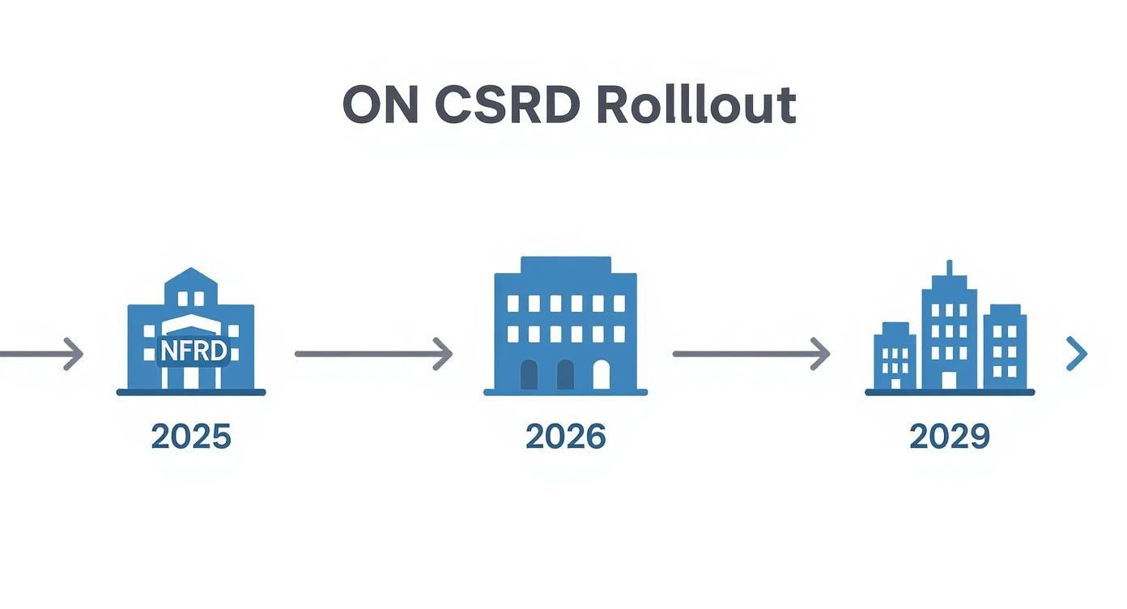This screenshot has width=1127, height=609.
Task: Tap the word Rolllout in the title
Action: (x=696, y=104)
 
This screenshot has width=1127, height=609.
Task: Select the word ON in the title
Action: (x=380, y=104)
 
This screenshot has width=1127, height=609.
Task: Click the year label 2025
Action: (x=191, y=437)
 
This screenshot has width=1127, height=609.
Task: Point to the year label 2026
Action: (x=565, y=437)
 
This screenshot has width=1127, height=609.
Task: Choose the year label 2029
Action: (x=949, y=437)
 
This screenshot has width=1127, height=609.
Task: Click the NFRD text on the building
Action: (x=192, y=351)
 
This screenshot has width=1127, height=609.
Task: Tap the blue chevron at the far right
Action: (x=1077, y=354)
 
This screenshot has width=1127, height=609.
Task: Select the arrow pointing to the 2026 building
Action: (x=373, y=354)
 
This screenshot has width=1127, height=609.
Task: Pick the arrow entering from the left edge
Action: (x=40, y=354)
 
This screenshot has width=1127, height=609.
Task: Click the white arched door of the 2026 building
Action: (x=602, y=375)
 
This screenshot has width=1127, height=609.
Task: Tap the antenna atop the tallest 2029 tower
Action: (x=949, y=268)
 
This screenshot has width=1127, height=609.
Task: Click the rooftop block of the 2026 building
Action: (x=565, y=265)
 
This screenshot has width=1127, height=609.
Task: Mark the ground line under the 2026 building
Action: (x=565, y=393)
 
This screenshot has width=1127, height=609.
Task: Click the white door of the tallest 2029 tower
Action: (x=949, y=380)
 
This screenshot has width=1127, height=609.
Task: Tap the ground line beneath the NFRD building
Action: (x=191, y=393)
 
